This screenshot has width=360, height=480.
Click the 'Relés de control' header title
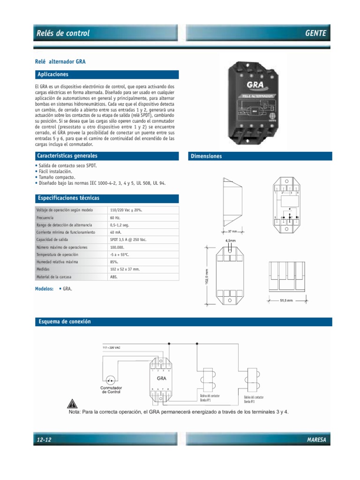click(63, 33)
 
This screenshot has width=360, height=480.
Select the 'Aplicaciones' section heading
click(52, 75)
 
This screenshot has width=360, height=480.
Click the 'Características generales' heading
click(67, 156)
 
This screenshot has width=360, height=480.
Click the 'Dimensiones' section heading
click(206, 156)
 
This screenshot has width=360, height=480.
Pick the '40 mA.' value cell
click(116, 232)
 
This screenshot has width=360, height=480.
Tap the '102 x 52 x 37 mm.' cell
click(125, 270)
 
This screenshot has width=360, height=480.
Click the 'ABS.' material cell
click(115, 277)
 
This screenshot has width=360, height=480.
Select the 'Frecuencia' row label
click(45, 218)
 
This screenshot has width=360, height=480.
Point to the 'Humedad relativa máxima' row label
click(57, 262)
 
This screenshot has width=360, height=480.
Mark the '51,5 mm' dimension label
click(286, 300)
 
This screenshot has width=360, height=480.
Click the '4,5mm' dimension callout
click(231, 240)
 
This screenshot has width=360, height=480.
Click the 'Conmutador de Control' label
click(111, 390)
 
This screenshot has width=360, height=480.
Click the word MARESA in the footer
click(316, 439)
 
